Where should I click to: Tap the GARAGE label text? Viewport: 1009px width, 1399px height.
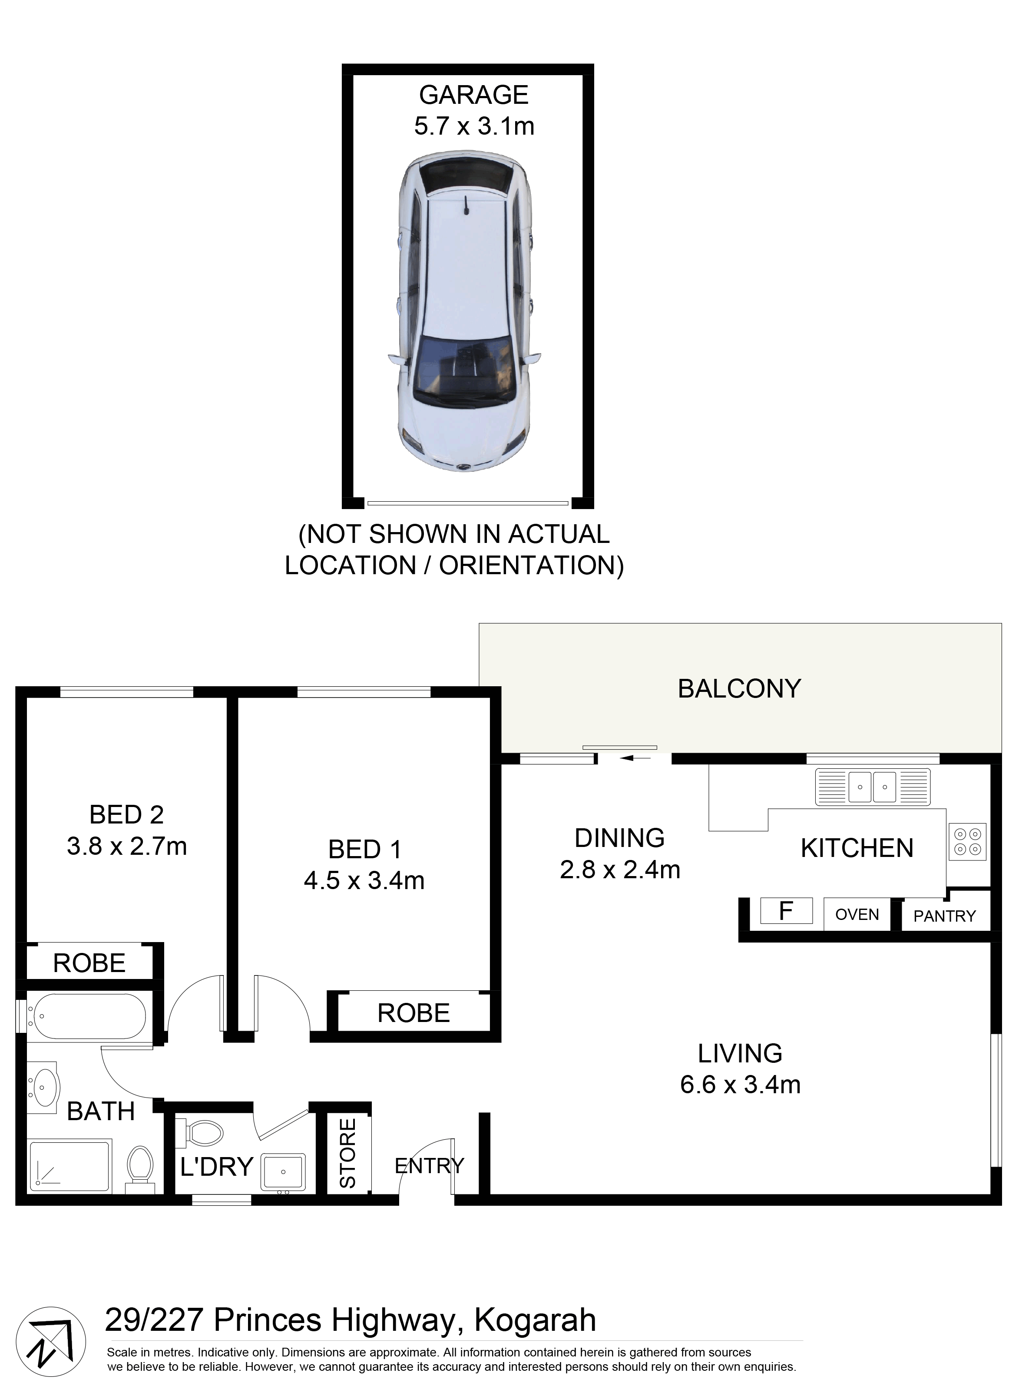click(x=474, y=95)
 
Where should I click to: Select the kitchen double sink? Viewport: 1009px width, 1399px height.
click(x=872, y=787)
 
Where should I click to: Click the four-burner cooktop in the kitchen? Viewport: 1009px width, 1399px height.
click(x=967, y=841)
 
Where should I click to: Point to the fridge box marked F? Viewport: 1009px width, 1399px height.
click(x=786, y=910)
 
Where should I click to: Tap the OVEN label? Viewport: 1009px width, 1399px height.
click(x=857, y=914)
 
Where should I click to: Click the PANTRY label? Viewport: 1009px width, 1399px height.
click(x=944, y=916)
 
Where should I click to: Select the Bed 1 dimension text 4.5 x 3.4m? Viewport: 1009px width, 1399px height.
click(x=364, y=881)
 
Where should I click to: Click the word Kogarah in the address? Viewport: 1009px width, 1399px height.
click(x=535, y=1321)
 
